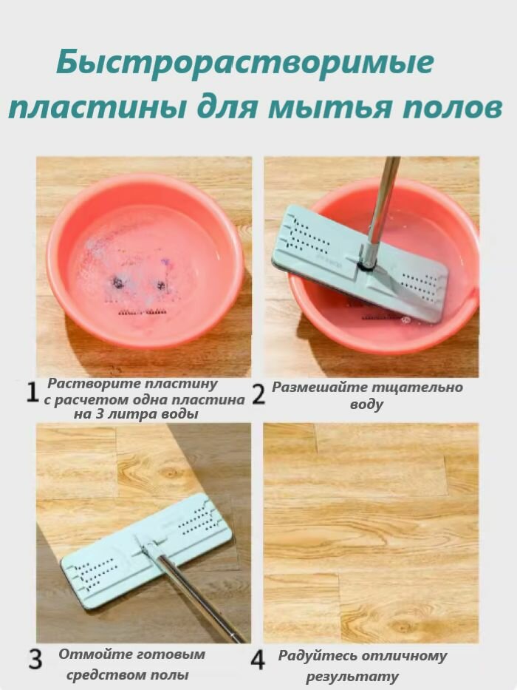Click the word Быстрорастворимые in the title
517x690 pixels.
[x=244, y=64]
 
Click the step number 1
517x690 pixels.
[x=32, y=393]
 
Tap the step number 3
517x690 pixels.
[x=35, y=659]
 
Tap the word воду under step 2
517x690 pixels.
[x=366, y=405]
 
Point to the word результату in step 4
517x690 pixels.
[x=352, y=676]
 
